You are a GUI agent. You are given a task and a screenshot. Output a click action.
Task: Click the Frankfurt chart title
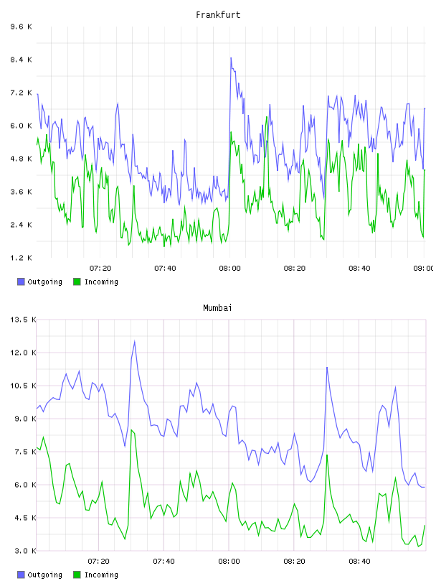click(218, 15)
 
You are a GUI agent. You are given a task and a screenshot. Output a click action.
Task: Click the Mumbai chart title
click(217, 308)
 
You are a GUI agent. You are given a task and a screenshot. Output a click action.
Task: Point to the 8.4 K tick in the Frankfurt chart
click(21, 60)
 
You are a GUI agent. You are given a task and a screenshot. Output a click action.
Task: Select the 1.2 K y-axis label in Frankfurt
click(21, 258)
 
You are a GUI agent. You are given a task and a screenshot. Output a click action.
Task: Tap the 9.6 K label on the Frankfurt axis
click(21, 27)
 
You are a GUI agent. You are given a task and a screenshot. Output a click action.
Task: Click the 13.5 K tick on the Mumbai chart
click(23, 320)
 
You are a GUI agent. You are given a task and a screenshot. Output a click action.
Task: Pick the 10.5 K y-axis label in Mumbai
click(23, 386)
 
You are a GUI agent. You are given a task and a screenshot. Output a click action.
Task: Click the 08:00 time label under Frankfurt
click(229, 269)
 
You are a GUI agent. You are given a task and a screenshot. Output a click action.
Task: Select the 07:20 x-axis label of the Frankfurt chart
click(100, 269)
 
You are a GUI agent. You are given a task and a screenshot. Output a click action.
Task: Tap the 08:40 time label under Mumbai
click(359, 562)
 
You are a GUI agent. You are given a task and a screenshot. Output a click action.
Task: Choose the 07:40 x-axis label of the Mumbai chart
click(164, 562)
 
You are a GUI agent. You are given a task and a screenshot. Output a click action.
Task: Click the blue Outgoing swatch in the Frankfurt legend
click(21, 282)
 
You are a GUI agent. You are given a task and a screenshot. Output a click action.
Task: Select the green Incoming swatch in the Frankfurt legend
click(77, 282)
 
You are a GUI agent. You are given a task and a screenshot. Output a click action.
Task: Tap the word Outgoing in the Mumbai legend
click(44, 575)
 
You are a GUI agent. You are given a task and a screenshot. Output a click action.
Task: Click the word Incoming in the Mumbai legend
click(101, 575)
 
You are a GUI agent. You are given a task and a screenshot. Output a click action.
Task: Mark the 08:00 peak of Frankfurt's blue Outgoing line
click(231, 58)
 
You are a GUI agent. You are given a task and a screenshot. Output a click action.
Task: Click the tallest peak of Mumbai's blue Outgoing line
click(134, 341)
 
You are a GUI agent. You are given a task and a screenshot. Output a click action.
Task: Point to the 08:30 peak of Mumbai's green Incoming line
click(327, 455)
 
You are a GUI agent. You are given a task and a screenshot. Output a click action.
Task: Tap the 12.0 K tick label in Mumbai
click(23, 353)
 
